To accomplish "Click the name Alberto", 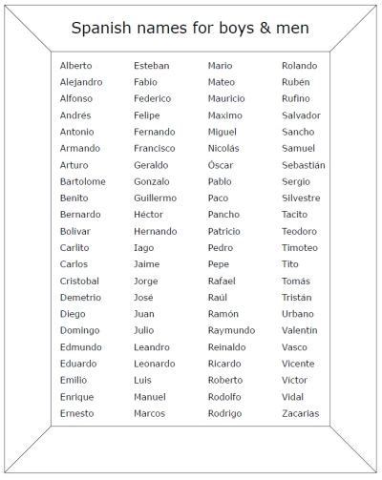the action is click(x=76, y=66).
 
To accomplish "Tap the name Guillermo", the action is click(x=155, y=198).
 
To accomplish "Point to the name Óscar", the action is click(x=221, y=165).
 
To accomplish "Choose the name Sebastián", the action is click(x=304, y=165).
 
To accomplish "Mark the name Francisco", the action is click(x=155, y=148).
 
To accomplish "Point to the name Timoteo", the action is click(x=300, y=247).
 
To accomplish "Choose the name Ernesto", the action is click(x=77, y=413).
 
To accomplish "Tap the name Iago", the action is click(x=144, y=247).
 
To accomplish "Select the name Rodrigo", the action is click(x=226, y=413).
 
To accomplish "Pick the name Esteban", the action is click(x=152, y=66).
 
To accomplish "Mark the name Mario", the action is click(x=220, y=66).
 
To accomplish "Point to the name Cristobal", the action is click(x=79, y=281).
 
